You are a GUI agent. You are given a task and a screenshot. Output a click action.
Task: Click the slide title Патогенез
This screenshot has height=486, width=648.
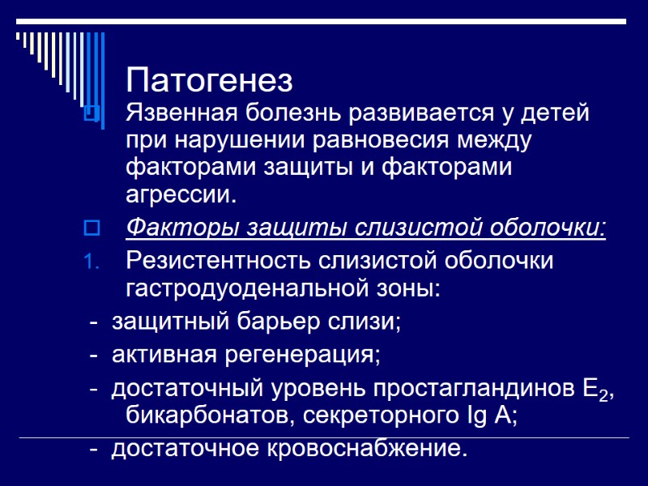pyautogui.click(x=209, y=81)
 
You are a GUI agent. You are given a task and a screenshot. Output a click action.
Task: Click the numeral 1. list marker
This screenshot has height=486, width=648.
pyautogui.click(x=91, y=262)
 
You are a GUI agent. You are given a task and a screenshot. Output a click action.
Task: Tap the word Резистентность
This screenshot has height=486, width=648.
pyautogui.click(x=218, y=262)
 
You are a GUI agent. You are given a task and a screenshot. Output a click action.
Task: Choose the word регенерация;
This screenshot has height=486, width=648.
pyautogui.click(x=314, y=355)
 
